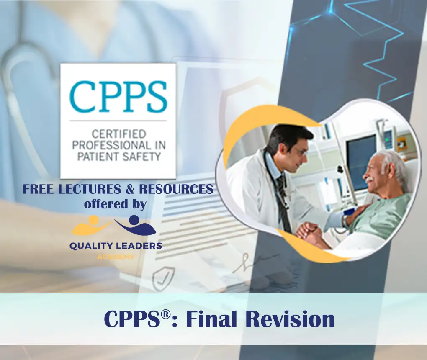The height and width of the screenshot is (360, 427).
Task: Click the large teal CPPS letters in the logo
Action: click(x=118, y=96)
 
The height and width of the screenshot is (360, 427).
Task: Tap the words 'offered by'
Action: click(x=115, y=204)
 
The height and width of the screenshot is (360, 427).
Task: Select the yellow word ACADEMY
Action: click(x=116, y=257)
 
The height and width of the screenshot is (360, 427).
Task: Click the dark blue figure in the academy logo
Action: click(x=136, y=225)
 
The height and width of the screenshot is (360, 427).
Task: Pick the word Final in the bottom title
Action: click(x=211, y=319)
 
